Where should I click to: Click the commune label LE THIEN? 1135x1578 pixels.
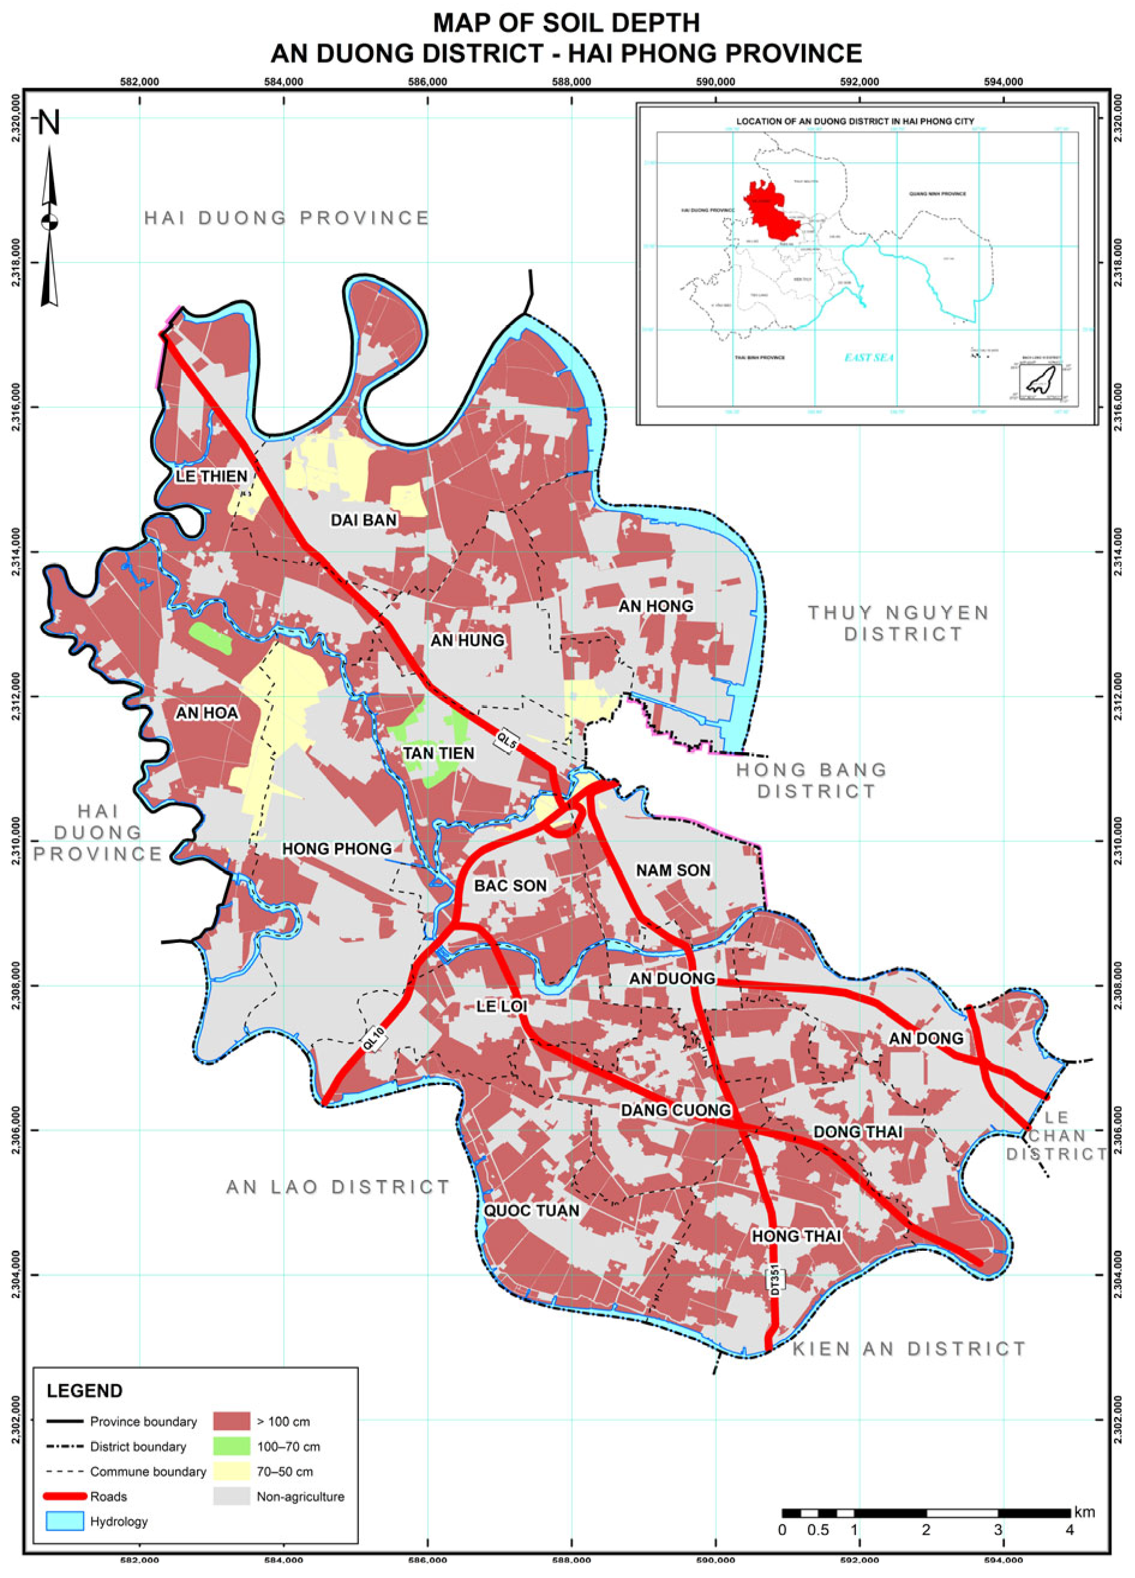[x=211, y=476]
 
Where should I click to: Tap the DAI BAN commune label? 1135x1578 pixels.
[x=363, y=520]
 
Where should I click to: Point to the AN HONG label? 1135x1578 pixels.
[x=656, y=606]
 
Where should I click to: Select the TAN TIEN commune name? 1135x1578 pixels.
[x=438, y=753]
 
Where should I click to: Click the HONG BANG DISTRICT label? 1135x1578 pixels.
[x=812, y=780]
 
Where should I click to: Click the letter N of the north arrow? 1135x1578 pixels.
[x=49, y=123]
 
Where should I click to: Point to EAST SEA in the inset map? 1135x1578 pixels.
[x=869, y=358]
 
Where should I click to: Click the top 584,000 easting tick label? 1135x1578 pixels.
[x=284, y=82]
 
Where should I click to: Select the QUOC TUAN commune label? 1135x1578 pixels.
[x=531, y=1211]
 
